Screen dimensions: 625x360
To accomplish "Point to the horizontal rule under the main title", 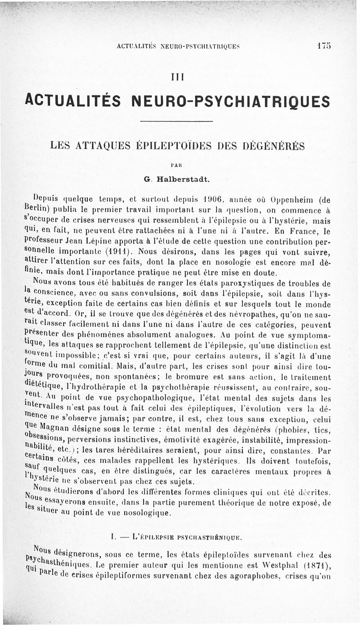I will coord(176,121).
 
